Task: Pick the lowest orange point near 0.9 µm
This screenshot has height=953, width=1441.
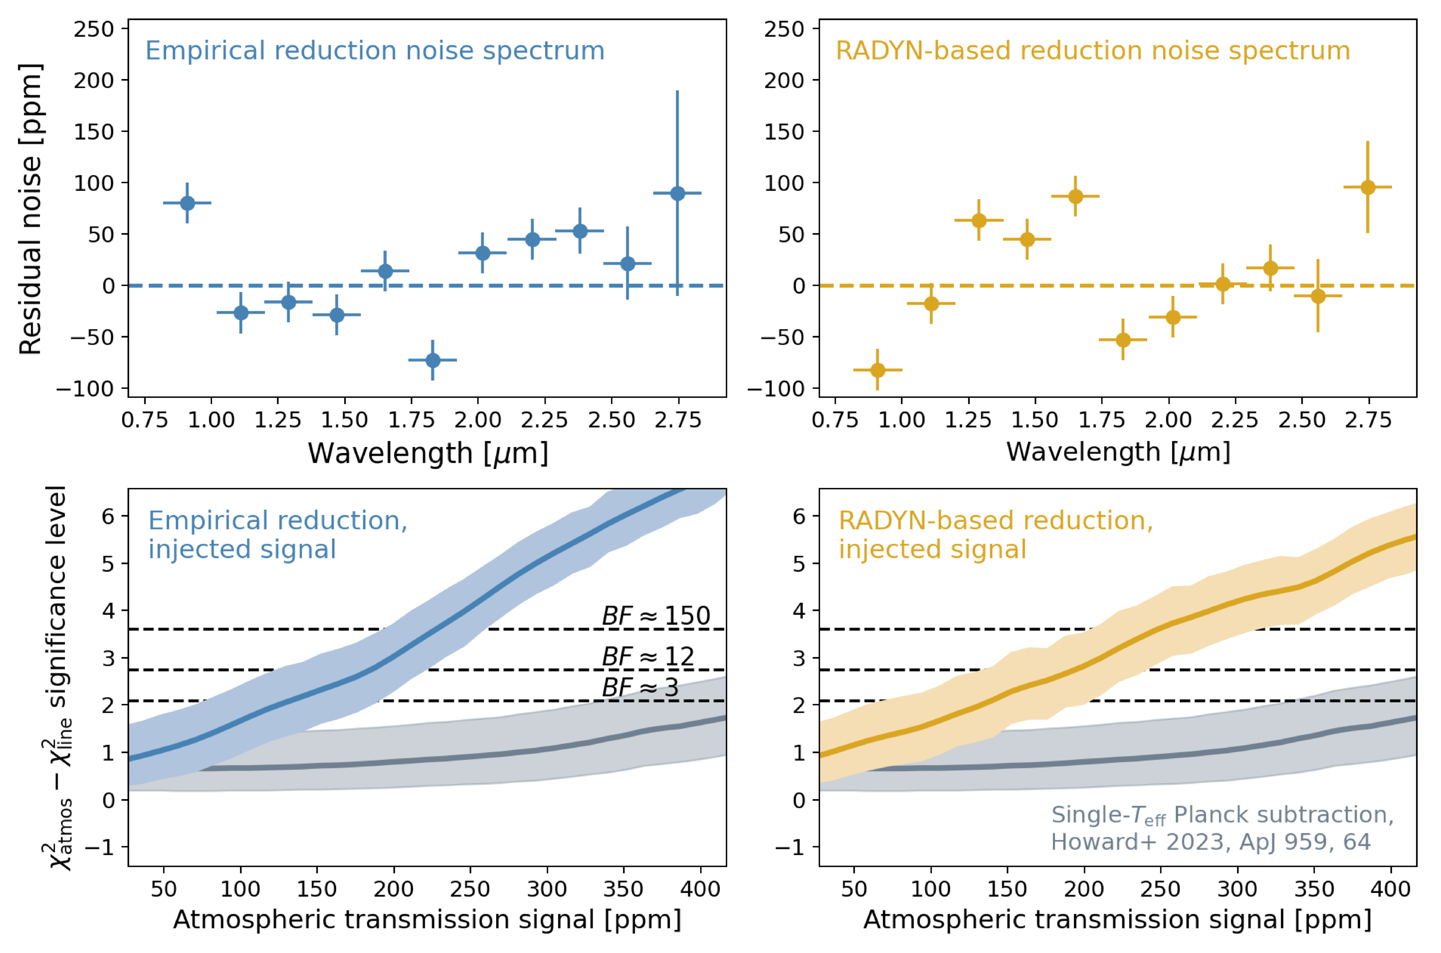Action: coord(877,370)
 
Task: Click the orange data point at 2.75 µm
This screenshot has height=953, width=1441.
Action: coord(1367,187)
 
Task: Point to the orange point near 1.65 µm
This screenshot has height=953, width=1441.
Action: coord(1075,196)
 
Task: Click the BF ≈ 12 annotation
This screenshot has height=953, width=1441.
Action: coord(648,657)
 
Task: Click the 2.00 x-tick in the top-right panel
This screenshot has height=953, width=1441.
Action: coord(1168,420)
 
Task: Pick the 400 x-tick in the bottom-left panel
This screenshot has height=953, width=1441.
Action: coord(700,889)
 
